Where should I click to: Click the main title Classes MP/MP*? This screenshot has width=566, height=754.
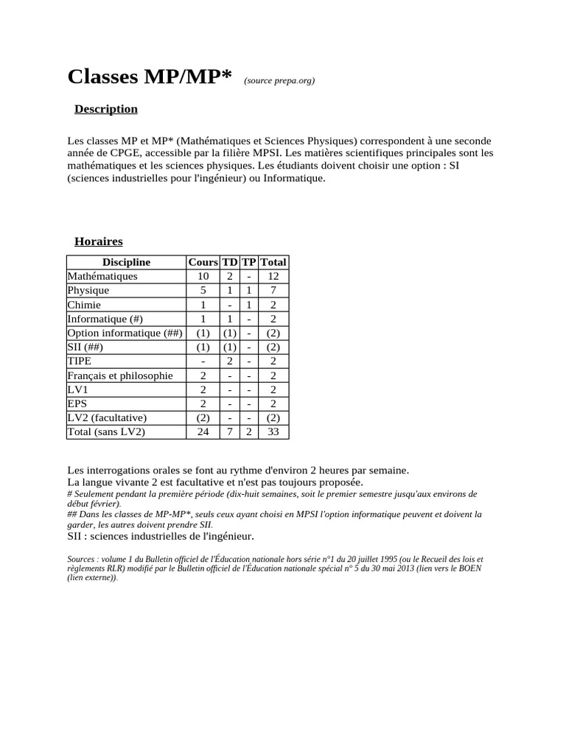coord(150,77)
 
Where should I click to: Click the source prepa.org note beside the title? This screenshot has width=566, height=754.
coord(279,81)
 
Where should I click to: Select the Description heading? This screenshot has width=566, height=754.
coord(106,109)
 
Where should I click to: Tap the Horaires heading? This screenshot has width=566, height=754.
coord(99,242)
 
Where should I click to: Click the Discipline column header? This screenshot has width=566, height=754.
coord(126,262)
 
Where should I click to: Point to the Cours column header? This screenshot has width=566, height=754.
coord(203,262)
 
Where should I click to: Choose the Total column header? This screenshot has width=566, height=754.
coord(273,262)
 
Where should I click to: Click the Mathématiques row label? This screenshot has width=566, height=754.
coord(102,276)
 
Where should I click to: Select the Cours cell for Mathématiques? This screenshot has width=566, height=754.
coord(203,276)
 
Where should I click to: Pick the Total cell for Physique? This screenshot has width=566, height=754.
coord(273,290)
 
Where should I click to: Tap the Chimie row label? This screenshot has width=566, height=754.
coord(84,305)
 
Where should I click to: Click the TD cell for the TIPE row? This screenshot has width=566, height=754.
coord(229,362)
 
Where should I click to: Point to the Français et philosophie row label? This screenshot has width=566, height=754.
coord(120,376)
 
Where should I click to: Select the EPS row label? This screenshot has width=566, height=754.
coord(77,404)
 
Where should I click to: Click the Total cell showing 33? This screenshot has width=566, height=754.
coord(273,432)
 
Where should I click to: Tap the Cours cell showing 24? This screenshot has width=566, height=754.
coord(203,432)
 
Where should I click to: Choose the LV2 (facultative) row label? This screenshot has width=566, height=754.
coord(107,417)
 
